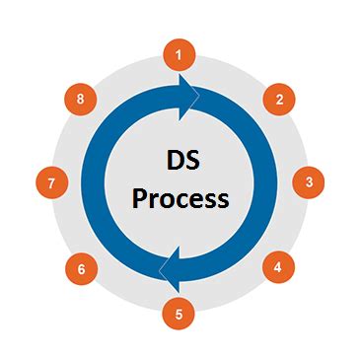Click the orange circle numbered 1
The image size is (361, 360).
point(179,54)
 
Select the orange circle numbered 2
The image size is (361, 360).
point(280,98)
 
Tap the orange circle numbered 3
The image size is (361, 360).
point(308,181)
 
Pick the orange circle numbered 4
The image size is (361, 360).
point(278,266)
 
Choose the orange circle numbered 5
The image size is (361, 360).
point(179,315)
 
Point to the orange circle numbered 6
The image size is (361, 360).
point(81,266)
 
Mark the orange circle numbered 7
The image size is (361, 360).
point(50,181)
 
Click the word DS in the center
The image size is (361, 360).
point(180,162)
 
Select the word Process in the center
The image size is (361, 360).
point(180,198)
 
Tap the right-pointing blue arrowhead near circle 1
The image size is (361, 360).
point(189,96)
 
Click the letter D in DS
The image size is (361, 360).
point(171,162)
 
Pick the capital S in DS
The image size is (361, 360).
point(190,162)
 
